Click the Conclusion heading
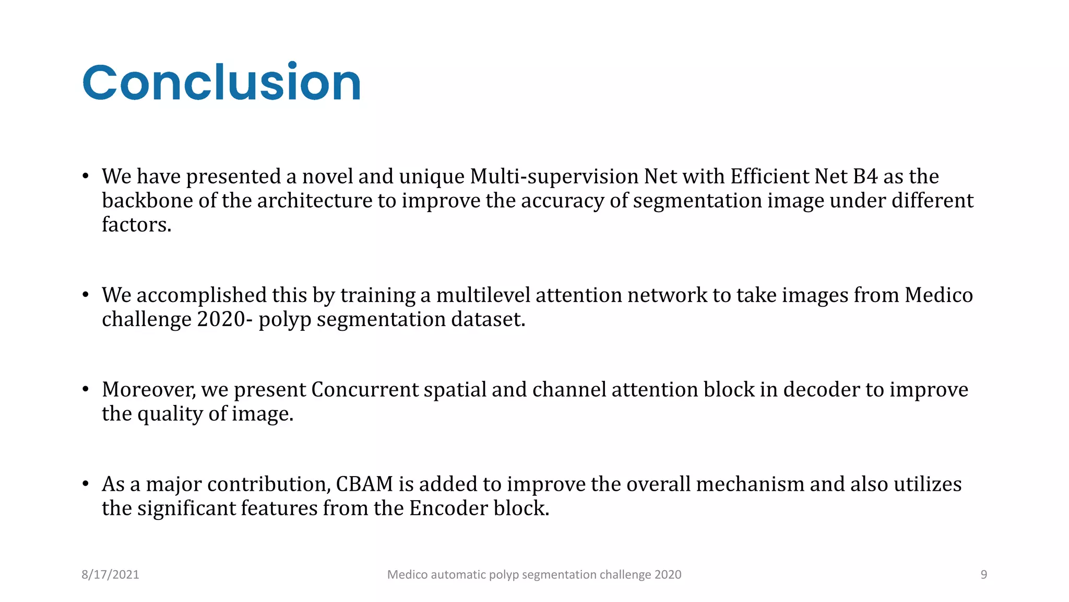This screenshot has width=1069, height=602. tap(221, 83)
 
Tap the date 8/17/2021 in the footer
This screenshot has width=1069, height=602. tap(110, 575)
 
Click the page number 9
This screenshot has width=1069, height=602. tap(983, 575)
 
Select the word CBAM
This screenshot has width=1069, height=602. tap(364, 484)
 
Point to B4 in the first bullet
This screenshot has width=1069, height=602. tap(865, 177)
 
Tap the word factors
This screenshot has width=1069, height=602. tap(136, 225)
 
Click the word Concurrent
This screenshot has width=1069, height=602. tap(365, 390)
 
